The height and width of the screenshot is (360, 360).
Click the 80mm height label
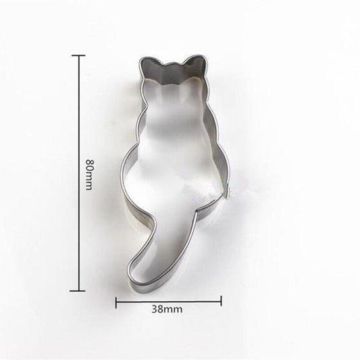[89, 174]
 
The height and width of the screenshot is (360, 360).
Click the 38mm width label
[167, 309]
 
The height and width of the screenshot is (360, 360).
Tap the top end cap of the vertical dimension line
[78, 55]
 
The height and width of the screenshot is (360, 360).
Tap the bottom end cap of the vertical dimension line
[78, 290]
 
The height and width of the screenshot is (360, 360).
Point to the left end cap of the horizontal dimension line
[116, 302]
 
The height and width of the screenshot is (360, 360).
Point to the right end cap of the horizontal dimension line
[221, 301]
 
